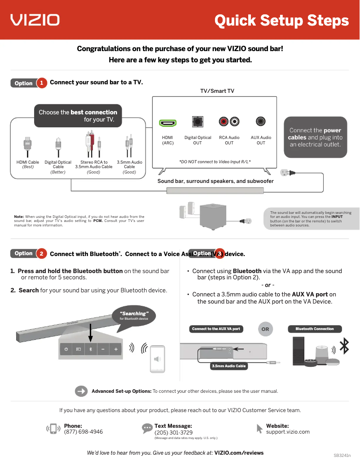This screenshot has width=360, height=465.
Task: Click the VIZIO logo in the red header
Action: [x=35, y=20]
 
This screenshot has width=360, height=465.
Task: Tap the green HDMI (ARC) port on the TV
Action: [x=168, y=122]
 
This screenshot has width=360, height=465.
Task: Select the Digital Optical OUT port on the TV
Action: [x=198, y=122]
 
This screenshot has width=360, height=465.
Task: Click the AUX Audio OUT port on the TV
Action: [x=261, y=122]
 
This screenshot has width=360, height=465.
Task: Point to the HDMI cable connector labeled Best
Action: [x=28, y=147]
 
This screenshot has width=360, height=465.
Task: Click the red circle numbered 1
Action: [x=41, y=83]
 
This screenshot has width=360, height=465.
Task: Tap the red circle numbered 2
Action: [x=41, y=254]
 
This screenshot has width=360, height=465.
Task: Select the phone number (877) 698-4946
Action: [x=83, y=432]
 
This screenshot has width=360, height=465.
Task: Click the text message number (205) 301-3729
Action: [x=174, y=433]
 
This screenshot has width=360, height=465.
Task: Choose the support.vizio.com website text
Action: [x=288, y=432]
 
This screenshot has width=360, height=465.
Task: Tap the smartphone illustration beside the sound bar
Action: [x=157, y=359]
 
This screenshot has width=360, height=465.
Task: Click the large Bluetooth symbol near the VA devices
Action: [x=344, y=346]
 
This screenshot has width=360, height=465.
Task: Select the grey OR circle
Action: [x=265, y=329]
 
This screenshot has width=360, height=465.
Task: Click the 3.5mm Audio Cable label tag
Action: [x=229, y=366]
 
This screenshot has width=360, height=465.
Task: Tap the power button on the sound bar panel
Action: [x=66, y=349]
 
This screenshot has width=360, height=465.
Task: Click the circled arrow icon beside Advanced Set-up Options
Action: [x=81, y=391]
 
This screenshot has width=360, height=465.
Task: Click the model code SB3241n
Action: [x=342, y=455]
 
